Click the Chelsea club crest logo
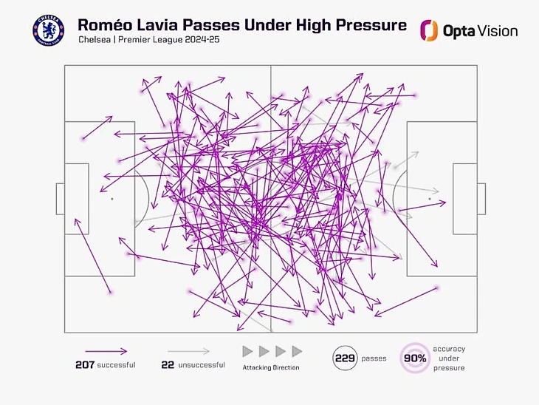click(48, 30)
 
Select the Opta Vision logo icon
click(429, 30)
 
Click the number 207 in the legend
click(84, 365)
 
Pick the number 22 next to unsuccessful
click(168, 365)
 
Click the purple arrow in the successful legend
click(105, 352)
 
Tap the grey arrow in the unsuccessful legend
click(188, 352)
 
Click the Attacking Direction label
click(271, 367)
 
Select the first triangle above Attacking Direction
click(248, 351)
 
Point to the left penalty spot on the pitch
click(111, 199)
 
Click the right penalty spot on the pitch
click(430, 199)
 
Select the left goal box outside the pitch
click(60, 199)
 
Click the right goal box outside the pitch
click(481, 199)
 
